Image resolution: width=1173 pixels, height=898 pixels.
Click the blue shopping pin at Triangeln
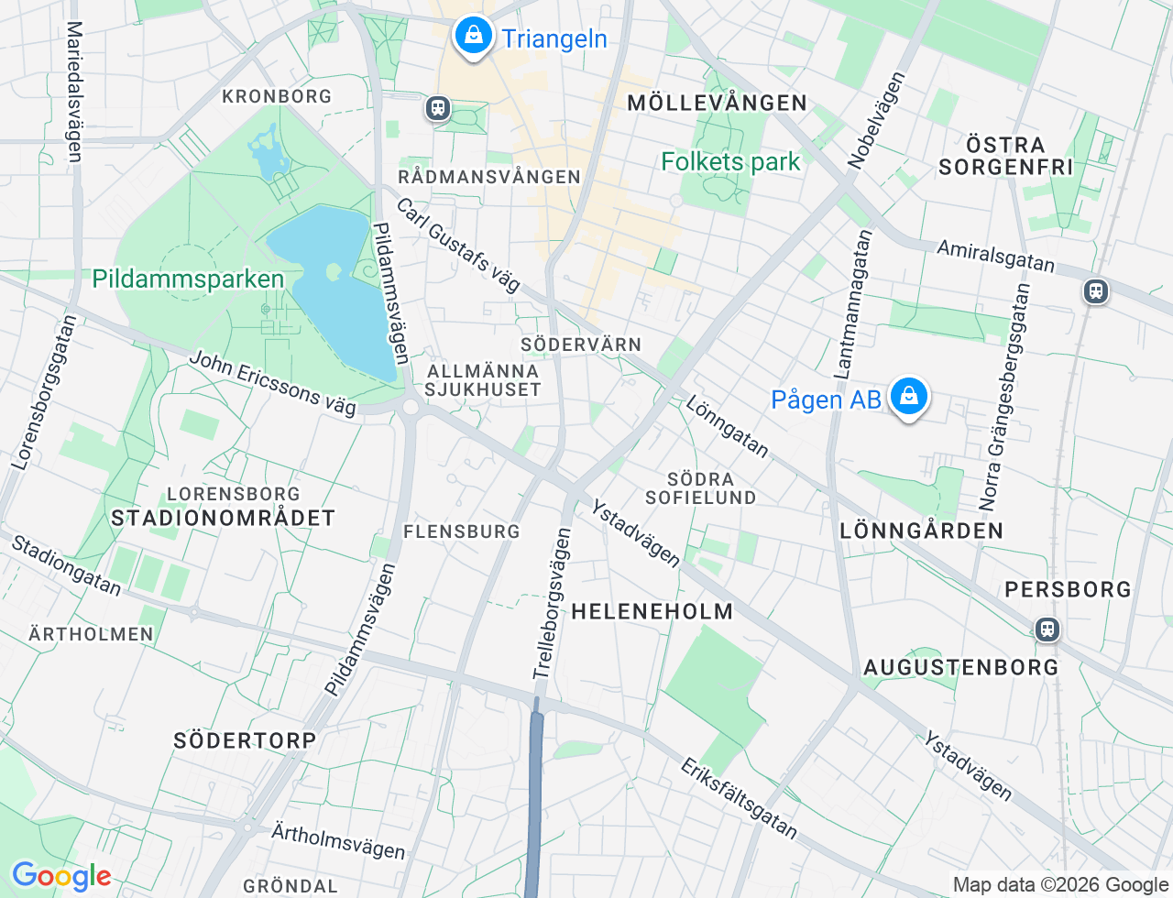coord(473,37)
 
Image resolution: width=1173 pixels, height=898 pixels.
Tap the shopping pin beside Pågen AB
coord(908,397)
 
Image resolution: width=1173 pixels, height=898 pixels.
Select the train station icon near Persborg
coord(1047,630)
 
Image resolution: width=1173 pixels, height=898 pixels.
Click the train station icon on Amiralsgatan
coord(1095,291)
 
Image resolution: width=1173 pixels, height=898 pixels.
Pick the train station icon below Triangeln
coord(437,108)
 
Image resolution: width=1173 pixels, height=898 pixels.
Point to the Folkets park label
coord(730,162)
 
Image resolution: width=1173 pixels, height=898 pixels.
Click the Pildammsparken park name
coord(188,279)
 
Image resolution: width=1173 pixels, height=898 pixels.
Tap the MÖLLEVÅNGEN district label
coord(717,103)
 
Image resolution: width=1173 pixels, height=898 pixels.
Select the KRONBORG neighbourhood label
coord(277,96)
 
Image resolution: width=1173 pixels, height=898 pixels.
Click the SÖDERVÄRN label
coord(581,345)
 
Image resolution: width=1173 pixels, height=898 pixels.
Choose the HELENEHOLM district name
coord(652,611)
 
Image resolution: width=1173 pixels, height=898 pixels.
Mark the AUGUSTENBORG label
coord(961,667)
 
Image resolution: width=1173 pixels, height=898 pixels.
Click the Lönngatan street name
coord(728,427)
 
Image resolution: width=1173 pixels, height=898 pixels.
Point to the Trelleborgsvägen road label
coord(553,605)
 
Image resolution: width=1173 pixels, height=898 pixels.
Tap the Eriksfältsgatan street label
coord(739,797)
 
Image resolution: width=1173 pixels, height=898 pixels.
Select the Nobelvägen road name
coord(876,120)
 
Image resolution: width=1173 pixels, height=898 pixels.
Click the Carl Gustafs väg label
coord(458,245)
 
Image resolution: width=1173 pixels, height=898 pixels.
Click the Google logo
coord(60,876)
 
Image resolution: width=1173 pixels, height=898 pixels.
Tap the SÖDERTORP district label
coord(245,740)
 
